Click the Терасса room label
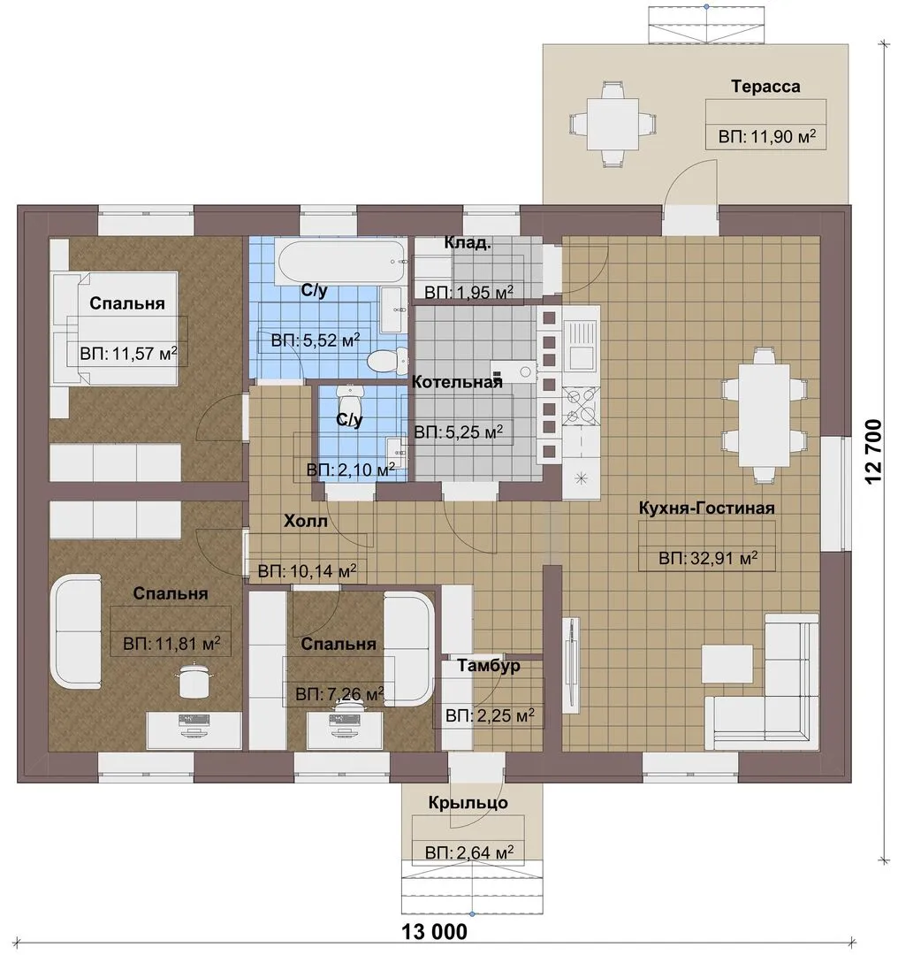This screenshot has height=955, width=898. coord(765,87)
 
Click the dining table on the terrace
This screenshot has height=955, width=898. coord(613,124)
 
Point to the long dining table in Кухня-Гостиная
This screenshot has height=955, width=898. coord(764,415)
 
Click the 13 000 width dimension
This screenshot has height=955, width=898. coord(435,930)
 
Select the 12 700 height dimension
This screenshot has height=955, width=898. coord(872,451)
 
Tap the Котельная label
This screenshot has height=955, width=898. coord(457,382)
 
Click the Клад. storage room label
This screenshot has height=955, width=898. coord(468,242)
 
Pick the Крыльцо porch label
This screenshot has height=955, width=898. coord(468,802)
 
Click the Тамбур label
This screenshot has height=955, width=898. coord(489,665)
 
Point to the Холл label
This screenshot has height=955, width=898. coord(306,521)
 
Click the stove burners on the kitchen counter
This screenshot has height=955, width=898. coord(580,406)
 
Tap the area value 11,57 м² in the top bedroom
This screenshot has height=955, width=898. coord(128,353)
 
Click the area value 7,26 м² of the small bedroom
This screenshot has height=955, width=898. coord(339,694)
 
